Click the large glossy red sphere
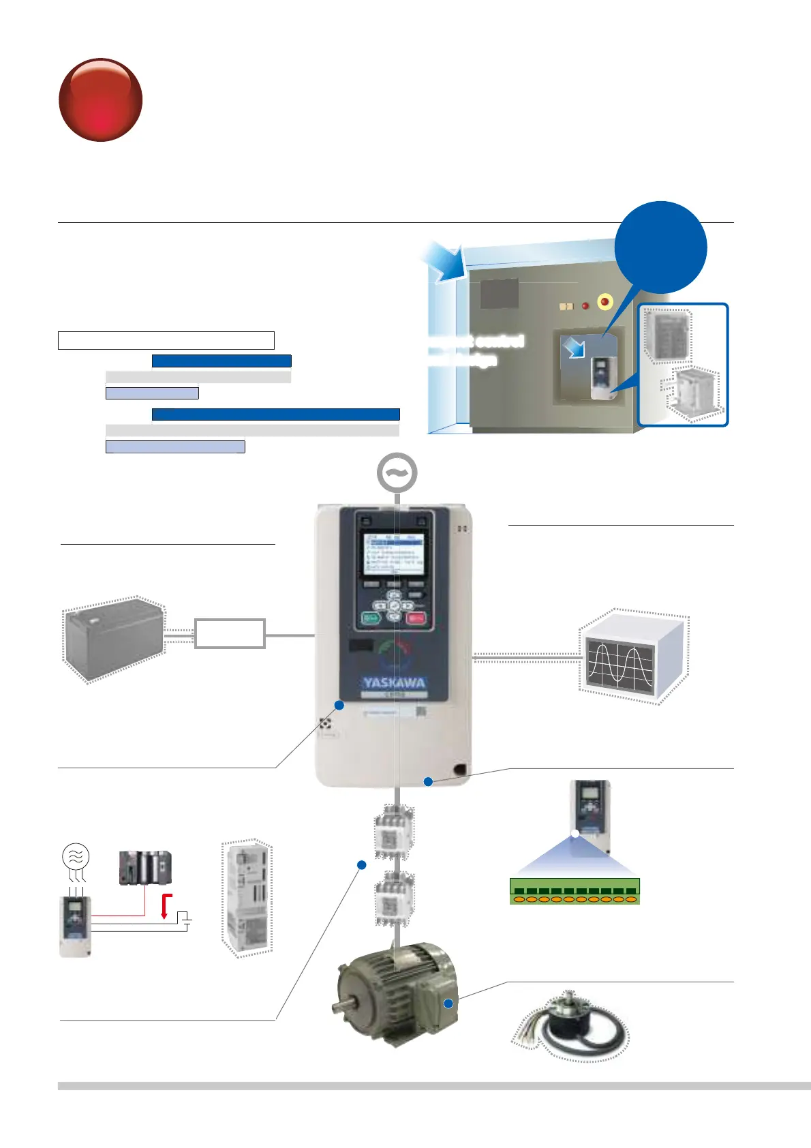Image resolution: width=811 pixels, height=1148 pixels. pos(101,100)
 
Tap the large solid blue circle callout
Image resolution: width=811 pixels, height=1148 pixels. pos(660,247)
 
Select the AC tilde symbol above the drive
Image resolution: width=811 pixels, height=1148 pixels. pos(397,472)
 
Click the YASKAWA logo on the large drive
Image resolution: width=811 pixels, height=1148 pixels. pos(394,682)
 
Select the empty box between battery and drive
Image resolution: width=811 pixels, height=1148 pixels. pos(230,633)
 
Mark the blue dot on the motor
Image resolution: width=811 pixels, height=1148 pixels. pos(448,1003)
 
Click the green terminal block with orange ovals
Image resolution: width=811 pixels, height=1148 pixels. pos(575,892)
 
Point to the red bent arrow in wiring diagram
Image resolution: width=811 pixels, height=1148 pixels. pos(166,905)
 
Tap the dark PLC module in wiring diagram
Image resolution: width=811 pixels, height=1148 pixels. pos(145,868)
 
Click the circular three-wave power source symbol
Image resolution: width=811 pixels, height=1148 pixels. pos(75,856)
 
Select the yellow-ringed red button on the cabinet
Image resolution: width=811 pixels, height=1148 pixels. pos(605,301)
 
